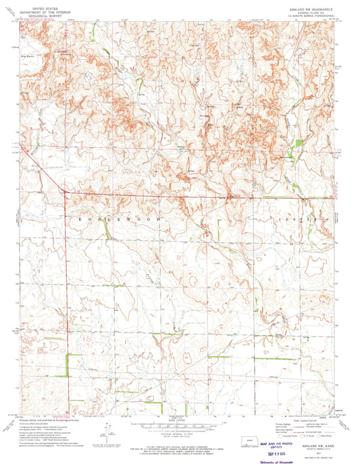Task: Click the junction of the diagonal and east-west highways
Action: (65, 193)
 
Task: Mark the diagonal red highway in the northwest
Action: (42, 168)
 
